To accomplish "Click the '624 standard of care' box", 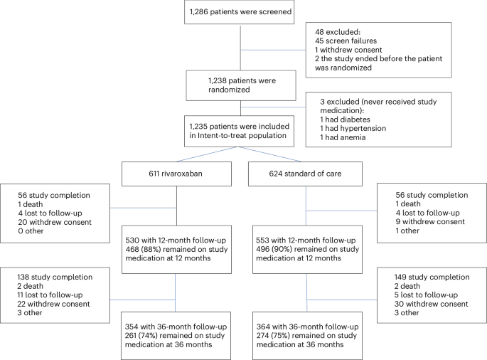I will tap(306, 171).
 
